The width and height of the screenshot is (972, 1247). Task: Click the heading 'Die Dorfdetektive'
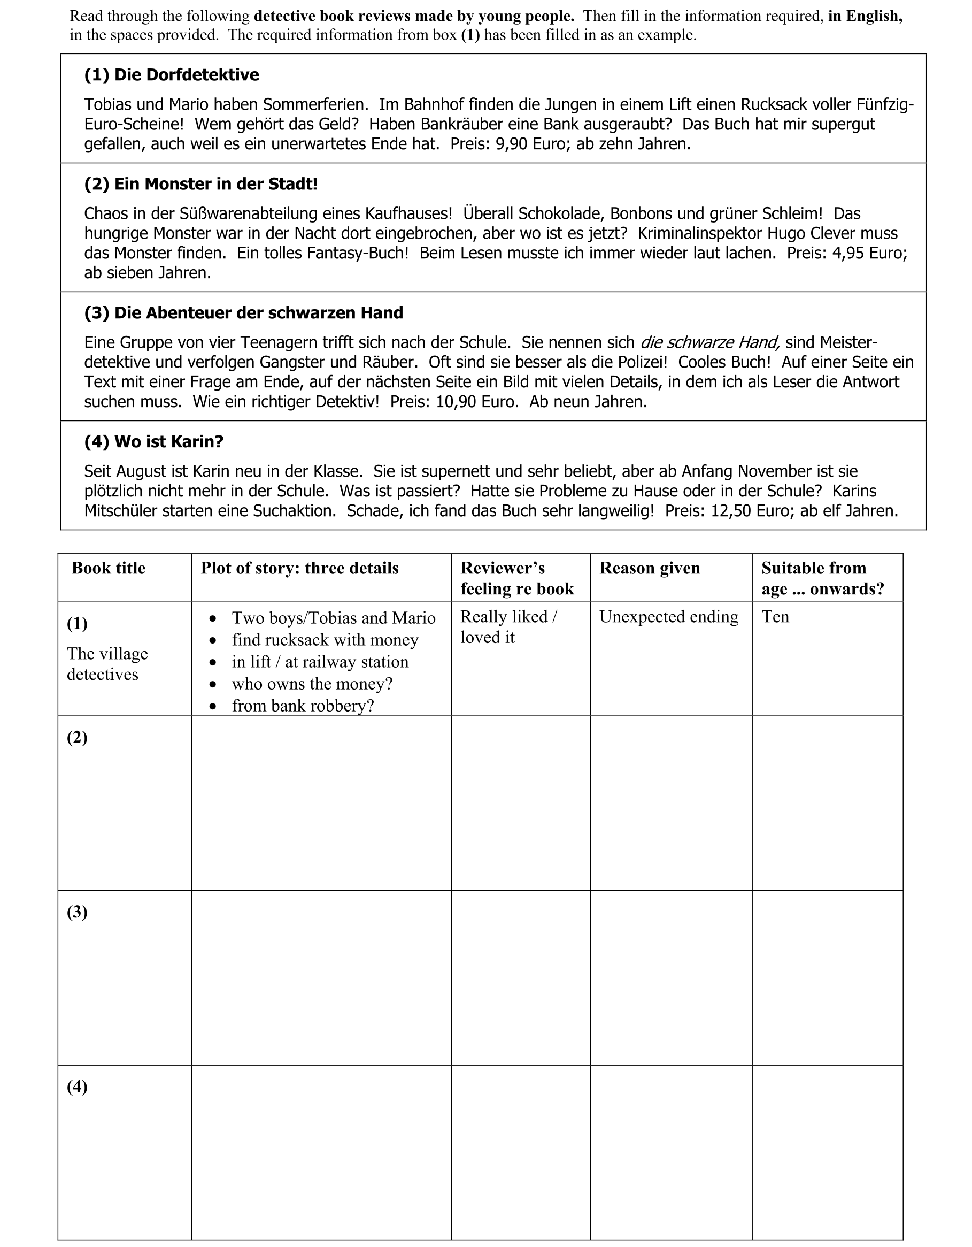click(171, 75)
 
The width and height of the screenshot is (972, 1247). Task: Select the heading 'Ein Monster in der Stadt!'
click(200, 184)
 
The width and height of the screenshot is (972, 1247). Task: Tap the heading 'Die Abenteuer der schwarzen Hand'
click(243, 313)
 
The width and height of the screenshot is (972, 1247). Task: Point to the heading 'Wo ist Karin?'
click(153, 441)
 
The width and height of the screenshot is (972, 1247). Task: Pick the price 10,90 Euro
click(476, 402)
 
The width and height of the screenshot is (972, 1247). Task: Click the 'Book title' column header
click(109, 568)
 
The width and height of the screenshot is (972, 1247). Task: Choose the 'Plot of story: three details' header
click(299, 568)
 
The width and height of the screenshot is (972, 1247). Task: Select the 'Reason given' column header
click(650, 568)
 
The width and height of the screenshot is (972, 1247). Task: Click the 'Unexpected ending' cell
click(668, 617)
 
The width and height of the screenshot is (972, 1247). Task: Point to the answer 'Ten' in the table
click(775, 617)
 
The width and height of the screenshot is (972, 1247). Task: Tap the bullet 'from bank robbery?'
click(303, 706)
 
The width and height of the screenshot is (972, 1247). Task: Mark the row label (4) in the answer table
click(77, 1087)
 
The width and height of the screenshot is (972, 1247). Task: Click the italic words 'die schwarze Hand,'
click(710, 342)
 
